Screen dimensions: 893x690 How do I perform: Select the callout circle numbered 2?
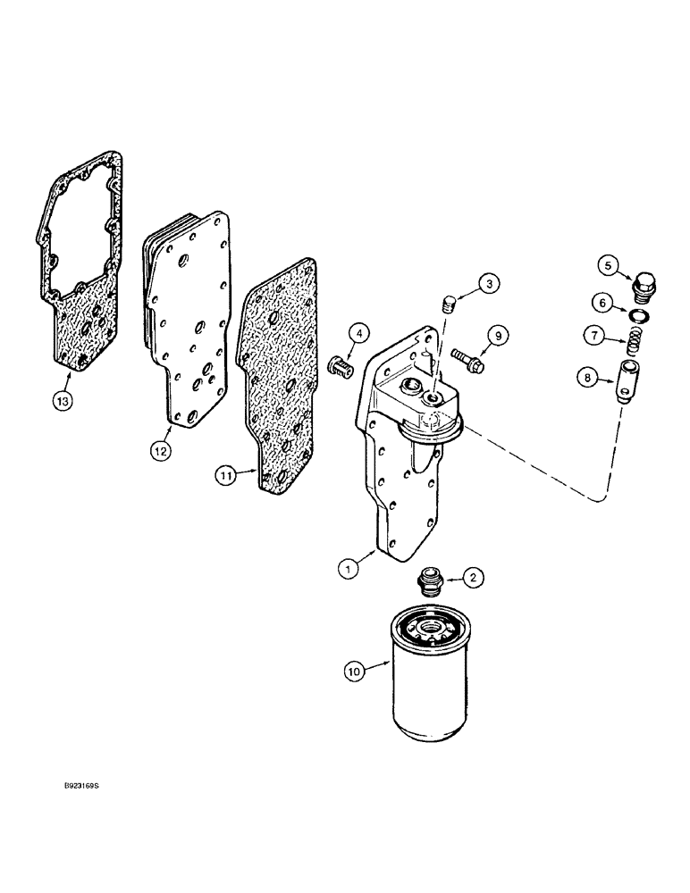click(475, 579)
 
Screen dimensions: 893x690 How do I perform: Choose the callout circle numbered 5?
click(607, 264)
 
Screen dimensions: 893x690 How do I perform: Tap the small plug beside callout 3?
click(451, 305)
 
